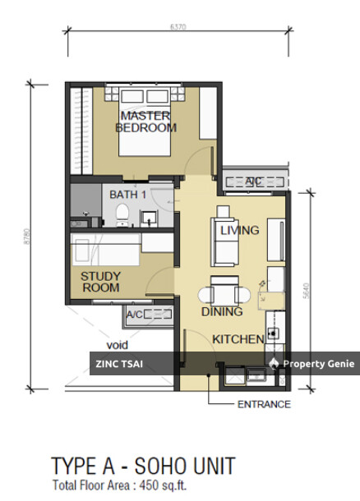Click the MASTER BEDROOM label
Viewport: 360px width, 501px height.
click(145, 122)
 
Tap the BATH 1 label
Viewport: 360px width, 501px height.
click(127, 195)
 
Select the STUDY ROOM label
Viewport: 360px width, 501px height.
click(100, 282)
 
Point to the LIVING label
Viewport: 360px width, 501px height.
click(239, 231)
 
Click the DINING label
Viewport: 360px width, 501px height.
click(222, 311)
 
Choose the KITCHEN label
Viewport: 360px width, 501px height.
click(238, 338)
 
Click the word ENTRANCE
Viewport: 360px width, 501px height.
click(264, 404)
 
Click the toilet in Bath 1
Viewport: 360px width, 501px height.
click(122, 215)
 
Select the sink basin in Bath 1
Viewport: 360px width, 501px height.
click(149, 218)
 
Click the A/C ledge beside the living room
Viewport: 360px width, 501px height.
click(253, 180)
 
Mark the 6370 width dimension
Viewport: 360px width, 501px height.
click(177, 27)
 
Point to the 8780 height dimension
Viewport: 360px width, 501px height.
click(27, 238)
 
